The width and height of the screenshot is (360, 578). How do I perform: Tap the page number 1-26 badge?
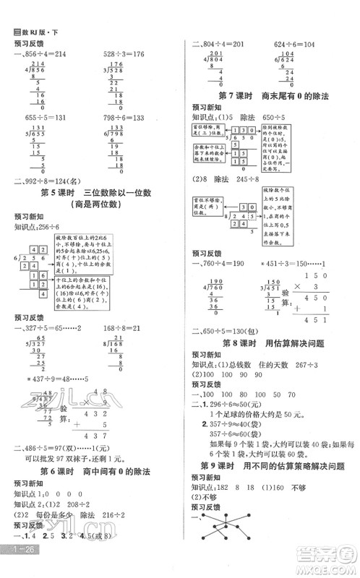18,569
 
